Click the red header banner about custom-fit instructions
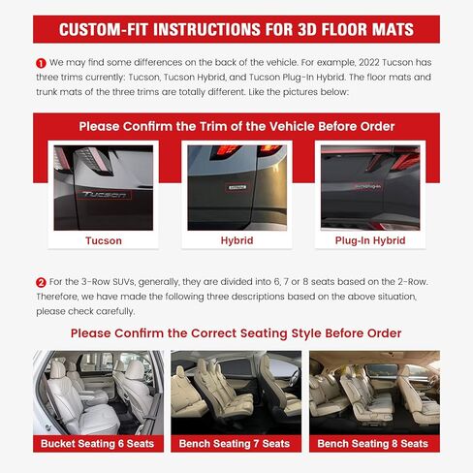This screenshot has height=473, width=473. (236, 29)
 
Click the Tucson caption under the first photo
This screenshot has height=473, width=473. (104, 240)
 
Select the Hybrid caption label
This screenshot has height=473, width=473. (236, 240)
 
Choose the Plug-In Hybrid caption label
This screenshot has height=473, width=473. (370, 240)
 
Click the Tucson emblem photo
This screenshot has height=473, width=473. (104, 186)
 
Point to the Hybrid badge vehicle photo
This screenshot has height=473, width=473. (236, 186)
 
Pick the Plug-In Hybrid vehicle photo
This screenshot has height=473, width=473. (370, 186)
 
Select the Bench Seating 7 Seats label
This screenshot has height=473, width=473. (235, 443)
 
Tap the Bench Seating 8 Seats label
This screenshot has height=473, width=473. (373, 443)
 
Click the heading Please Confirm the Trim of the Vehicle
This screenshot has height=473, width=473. (236, 126)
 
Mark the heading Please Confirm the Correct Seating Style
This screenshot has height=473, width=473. (236, 333)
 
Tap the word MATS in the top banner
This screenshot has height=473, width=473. (388, 29)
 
